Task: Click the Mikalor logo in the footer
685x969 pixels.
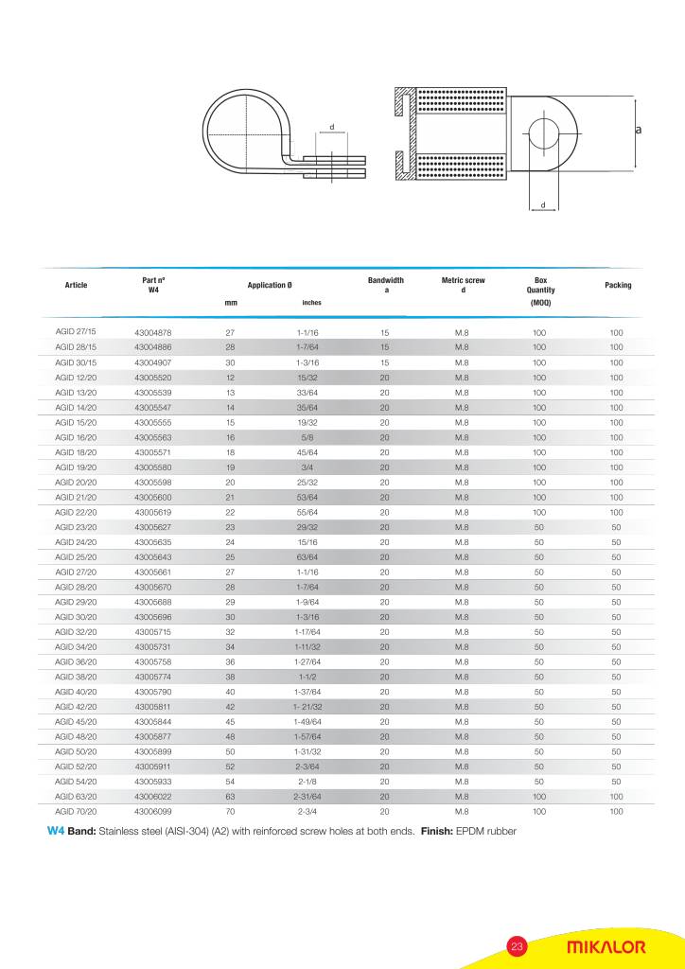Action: [606, 947]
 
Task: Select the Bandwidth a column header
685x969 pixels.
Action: [385, 285]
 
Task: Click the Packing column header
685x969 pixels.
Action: [617, 285]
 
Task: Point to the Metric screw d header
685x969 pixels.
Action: [463, 285]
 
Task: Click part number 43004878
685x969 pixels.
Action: [152, 333]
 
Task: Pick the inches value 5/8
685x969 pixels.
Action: [307, 437]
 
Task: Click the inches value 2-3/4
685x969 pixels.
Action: [307, 812]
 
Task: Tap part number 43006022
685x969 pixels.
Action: [152, 797]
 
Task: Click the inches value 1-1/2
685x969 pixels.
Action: [307, 677]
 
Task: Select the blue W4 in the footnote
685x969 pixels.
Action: [55, 832]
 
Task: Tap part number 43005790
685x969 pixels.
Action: [152, 692]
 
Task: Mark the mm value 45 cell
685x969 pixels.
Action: [230, 722]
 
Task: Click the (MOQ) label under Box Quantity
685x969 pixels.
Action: [540, 303]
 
